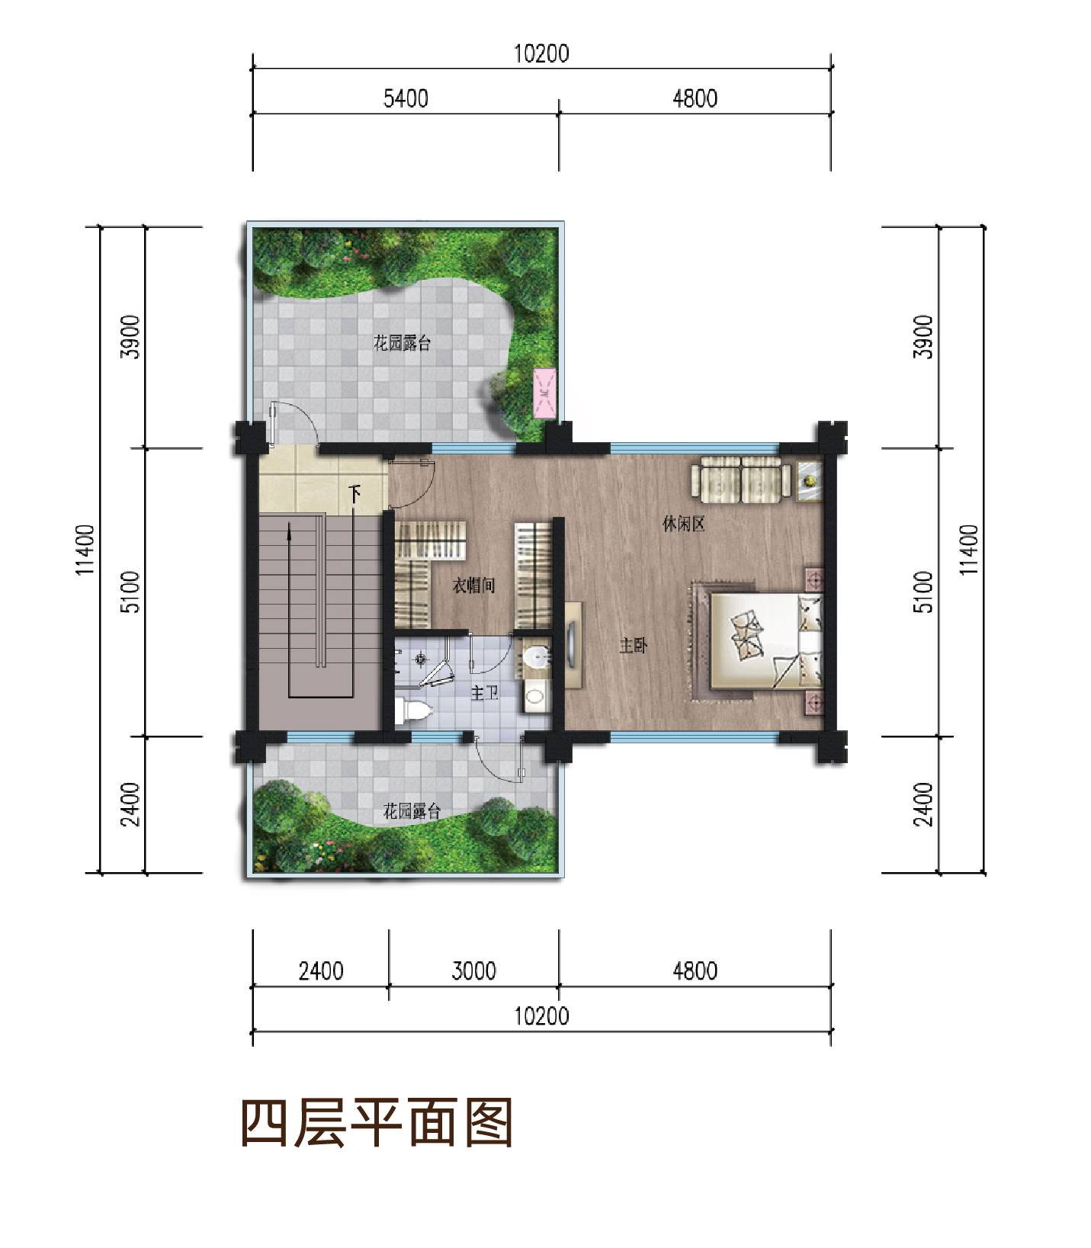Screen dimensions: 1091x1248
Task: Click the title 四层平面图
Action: pos(377,1122)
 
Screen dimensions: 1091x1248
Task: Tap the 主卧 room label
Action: pos(633,646)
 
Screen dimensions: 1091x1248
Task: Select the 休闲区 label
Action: pos(683,524)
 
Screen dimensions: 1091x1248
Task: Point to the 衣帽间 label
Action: pos(474,586)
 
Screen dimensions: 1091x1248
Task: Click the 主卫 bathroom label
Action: pos(484,693)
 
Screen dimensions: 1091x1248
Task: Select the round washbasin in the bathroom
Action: pos(538,656)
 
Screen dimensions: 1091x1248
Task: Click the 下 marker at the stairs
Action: pos(355,494)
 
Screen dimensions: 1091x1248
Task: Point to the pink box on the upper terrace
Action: pos(544,393)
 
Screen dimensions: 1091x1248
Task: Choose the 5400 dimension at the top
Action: pos(406,98)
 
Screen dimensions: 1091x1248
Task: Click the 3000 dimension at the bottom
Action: pos(473,970)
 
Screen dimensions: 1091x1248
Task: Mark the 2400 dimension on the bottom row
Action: pos(321,970)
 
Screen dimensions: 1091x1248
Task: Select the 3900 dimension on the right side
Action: pos(923,337)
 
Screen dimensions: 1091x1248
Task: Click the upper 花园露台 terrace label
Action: pos(403,343)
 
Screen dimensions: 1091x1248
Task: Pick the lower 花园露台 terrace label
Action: pos(412,810)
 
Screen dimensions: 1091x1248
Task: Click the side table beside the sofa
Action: pos(809,480)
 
